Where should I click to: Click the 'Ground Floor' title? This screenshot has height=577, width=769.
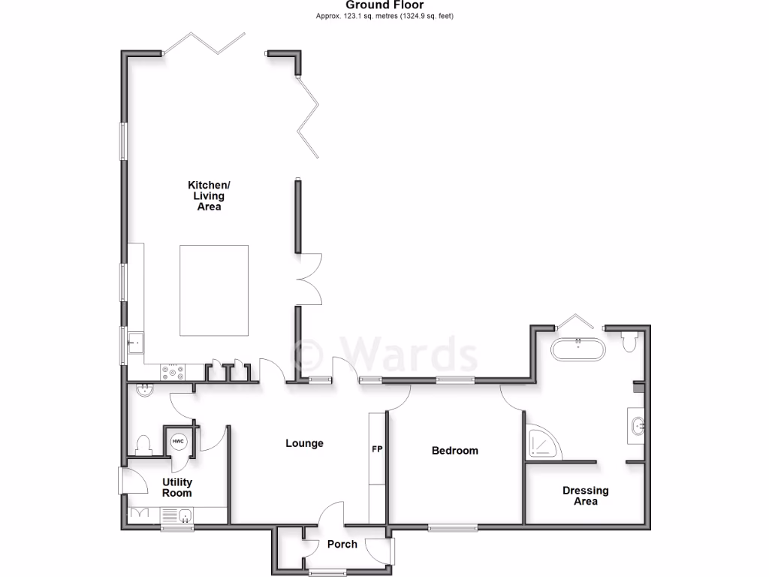384,5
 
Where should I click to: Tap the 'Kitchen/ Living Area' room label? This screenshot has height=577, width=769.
209,195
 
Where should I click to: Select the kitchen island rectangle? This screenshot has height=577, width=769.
214,290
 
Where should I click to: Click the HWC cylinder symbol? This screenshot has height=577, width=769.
178,442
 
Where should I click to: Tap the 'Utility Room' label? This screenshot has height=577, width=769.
177,488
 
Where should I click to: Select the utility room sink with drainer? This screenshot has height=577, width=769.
177,515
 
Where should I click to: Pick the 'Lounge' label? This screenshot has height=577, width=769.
304,443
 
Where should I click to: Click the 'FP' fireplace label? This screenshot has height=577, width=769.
377,449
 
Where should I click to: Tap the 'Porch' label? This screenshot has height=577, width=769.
341,544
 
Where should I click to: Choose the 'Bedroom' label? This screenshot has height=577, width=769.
454,451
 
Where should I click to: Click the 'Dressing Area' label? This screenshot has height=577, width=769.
585,496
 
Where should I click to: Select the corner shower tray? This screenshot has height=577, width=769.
542,443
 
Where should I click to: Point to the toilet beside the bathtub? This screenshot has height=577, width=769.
630,342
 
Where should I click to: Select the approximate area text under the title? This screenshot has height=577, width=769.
384,16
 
